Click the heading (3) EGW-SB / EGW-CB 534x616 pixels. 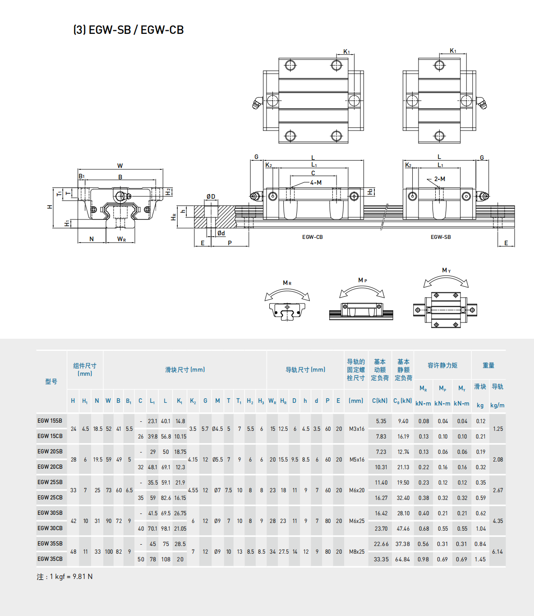pyautogui.click(x=129, y=30)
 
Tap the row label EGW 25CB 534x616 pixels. pyautogui.click(x=50, y=497)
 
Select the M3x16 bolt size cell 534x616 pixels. pyautogui.click(x=356, y=429)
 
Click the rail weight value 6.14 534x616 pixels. pyautogui.click(x=497, y=551)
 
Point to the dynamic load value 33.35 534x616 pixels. pyautogui.click(x=381, y=559)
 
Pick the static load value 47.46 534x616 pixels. pyautogui.click(x=403, y=528)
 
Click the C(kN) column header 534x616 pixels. pyautogui.click(x=380, y=401)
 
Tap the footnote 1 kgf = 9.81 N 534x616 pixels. pyautogui.click(x=64, y=577)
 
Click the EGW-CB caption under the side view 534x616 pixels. pyautogui.click(x=313, y=237)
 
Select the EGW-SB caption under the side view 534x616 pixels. pyautogui.click(x=441, y=237)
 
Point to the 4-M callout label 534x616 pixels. pyautogui.click(x=316, y=182)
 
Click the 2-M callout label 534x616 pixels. pyautogui.click(x=440, y=179)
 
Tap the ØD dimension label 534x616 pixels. pyautogui.click(x=211, y=196)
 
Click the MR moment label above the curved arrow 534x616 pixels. pyautogui.click(x=287, y=283)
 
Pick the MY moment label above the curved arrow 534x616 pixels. pyautogui.click(x=446, y=270)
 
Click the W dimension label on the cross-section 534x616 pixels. pyautogui.click(x=120, y=166)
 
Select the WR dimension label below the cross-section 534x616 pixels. pyautogui.click(x=121, y=239)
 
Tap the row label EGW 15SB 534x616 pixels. pyautogui.click(x=50, y=420)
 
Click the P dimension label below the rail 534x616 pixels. pyautogui.click(x=230, y=243)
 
